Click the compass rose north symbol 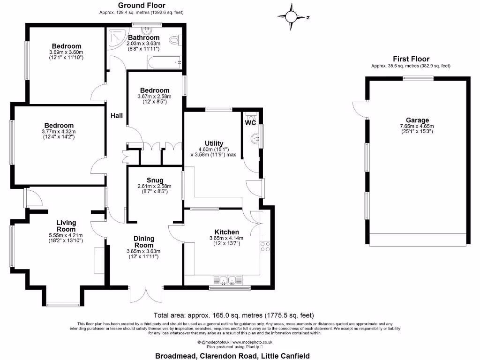(292, 17)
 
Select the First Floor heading (411, 59)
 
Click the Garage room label (417, 120)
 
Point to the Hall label (117, 115)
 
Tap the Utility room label (214, 143)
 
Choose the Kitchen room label (227, 232)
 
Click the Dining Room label (143, 242)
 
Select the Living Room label (66, 226)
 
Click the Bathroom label (144, 37)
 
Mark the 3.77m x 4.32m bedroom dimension (59, 131)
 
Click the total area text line (233, 315)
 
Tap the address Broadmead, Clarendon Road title (232, 356)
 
